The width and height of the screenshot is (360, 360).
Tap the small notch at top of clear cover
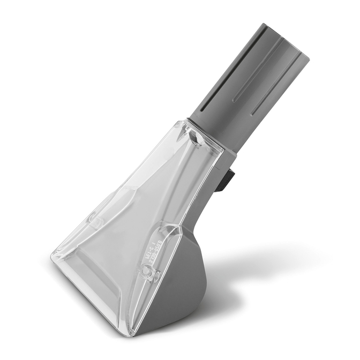tap(195, 140)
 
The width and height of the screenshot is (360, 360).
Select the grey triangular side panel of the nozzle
tap(177, 289)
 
